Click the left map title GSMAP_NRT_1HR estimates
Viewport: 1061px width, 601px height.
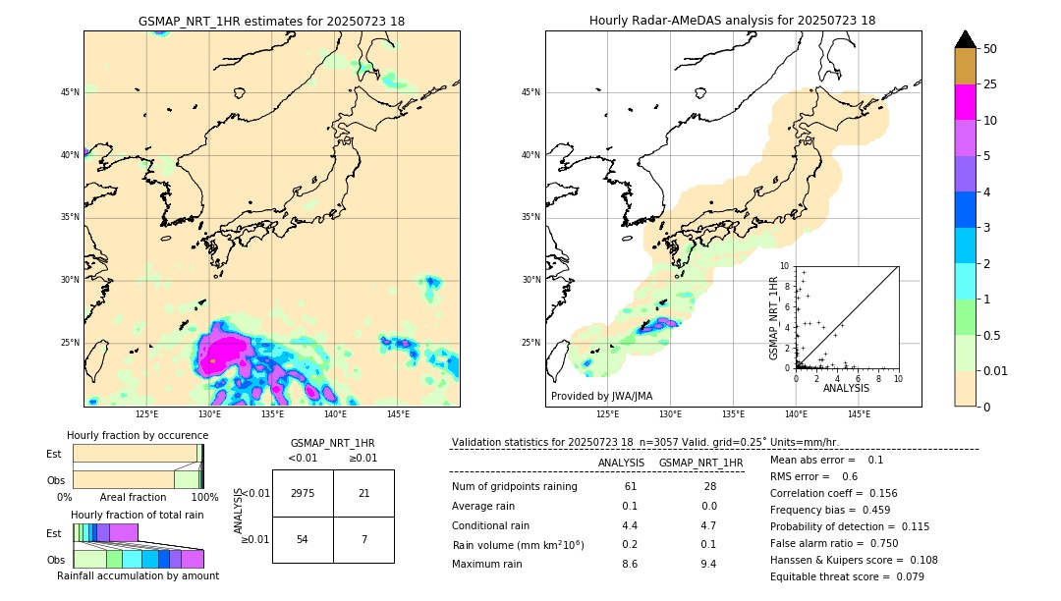[271, 21]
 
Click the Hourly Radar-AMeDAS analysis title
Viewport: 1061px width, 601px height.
[732, 21]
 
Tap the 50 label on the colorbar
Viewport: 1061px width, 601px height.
[990, 49]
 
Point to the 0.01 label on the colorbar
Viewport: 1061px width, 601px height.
[996, 370]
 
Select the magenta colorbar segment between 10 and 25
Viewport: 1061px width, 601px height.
[965, 102]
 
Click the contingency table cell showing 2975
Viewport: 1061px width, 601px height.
[303, 493]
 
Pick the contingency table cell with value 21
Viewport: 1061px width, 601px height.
[363, 493]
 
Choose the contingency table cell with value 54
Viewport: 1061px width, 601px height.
[303, 540]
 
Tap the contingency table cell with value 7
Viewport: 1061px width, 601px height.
[363, 540]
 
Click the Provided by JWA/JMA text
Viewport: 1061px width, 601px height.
[601, 396]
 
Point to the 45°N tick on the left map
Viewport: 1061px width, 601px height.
[70, 92]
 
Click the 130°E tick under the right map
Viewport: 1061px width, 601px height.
[670, 414]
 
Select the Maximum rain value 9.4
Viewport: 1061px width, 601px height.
[707, 564]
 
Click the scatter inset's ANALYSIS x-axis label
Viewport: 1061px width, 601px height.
[846, 388]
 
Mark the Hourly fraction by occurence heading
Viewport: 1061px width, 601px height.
[138, 435]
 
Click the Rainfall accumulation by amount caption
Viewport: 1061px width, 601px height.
[138, 575]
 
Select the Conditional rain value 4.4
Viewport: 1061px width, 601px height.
[630, 525]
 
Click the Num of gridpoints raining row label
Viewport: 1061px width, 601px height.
[515, 487]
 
